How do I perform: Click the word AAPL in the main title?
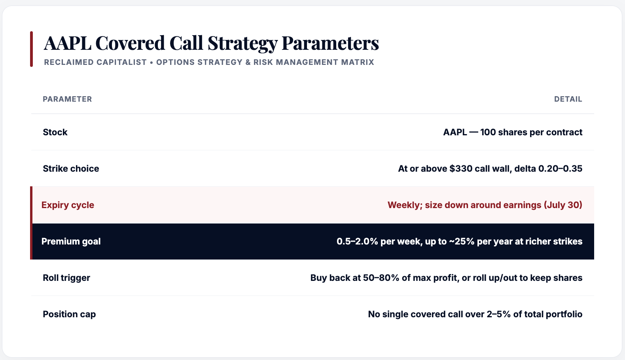[68, 43]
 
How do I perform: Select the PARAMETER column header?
[67, 99]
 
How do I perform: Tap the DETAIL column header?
[568, 99]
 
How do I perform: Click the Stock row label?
[55, 132]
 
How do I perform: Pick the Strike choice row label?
[71, 169]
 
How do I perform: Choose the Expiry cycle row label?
[68, 205]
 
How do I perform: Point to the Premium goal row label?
[71, 241]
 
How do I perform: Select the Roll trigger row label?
[66, 278]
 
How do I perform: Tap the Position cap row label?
[69, 314]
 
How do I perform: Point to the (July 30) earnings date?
[563, 205]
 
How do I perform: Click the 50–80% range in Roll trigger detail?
[381, 278]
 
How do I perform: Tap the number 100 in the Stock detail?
[488, 132]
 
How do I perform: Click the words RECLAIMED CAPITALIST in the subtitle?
[95, 62]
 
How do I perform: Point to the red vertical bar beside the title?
[32, 49]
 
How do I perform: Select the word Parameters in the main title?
[330, 43]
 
